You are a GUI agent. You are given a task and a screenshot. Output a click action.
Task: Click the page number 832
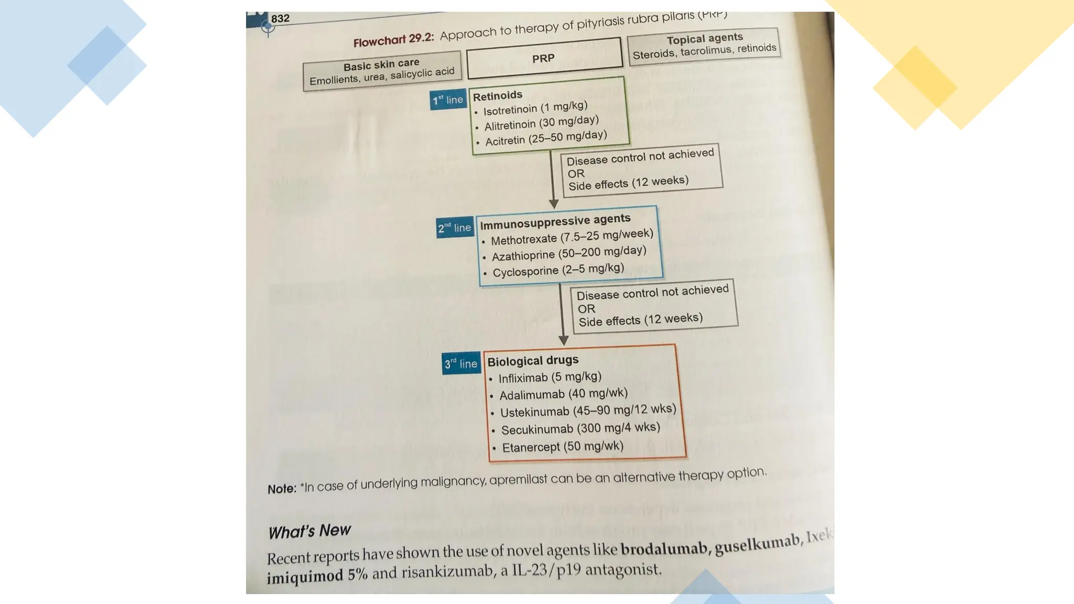click(x=280, y=18)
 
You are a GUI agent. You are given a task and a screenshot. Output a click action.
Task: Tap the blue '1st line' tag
click(x=448, y=100)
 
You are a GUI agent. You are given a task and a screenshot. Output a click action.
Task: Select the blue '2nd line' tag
click(x=455, y=228)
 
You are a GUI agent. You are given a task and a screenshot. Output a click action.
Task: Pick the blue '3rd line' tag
click(x=461, y=363)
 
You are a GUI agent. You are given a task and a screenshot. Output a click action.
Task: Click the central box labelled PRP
click(x=544, y=58)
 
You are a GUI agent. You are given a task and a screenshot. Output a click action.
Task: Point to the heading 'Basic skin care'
click(x=381, y=65)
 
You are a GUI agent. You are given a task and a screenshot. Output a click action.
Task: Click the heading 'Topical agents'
click(x=704, y=39)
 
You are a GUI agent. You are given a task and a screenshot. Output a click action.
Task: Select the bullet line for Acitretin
click(x=545, y=138)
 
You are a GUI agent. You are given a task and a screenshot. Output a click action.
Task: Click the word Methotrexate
click(x=523, y=240)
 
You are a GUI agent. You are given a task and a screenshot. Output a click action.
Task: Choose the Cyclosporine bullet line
click(x=558, y=270)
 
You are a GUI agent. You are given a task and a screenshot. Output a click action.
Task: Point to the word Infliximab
click(x=523, y=378)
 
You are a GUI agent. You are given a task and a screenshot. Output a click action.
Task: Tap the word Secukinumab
click(x=537, y=430)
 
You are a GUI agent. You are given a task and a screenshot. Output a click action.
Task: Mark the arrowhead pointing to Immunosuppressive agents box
click(x=553, y=203)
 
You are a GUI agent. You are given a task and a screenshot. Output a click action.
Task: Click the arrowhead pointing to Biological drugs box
click(x=563, y=340)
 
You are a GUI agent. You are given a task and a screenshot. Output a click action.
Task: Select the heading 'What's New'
click(x=309, y=531)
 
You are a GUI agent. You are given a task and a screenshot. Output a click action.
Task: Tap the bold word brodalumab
click(x=663, y=549)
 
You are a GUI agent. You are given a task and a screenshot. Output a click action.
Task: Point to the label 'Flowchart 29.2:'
click(x=393, y=40)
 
